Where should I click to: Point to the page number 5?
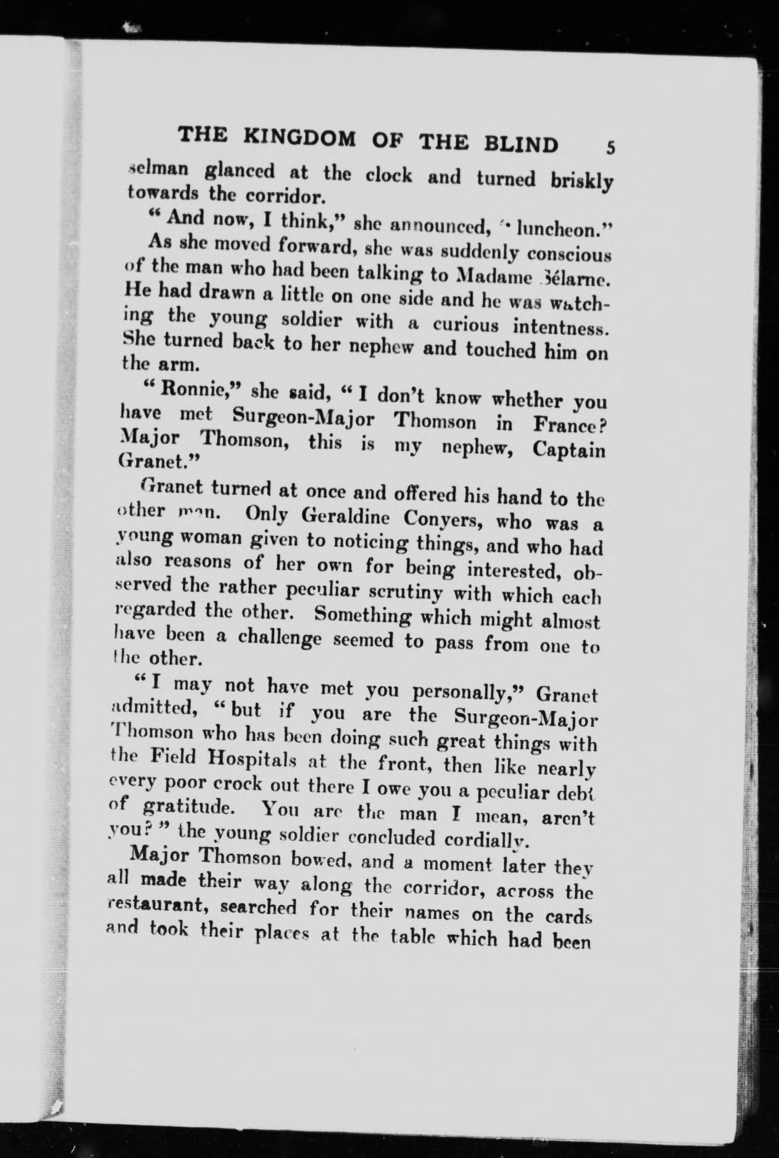[611, 148]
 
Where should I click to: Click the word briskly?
[582, 182]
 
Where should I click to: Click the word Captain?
[569, 450]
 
